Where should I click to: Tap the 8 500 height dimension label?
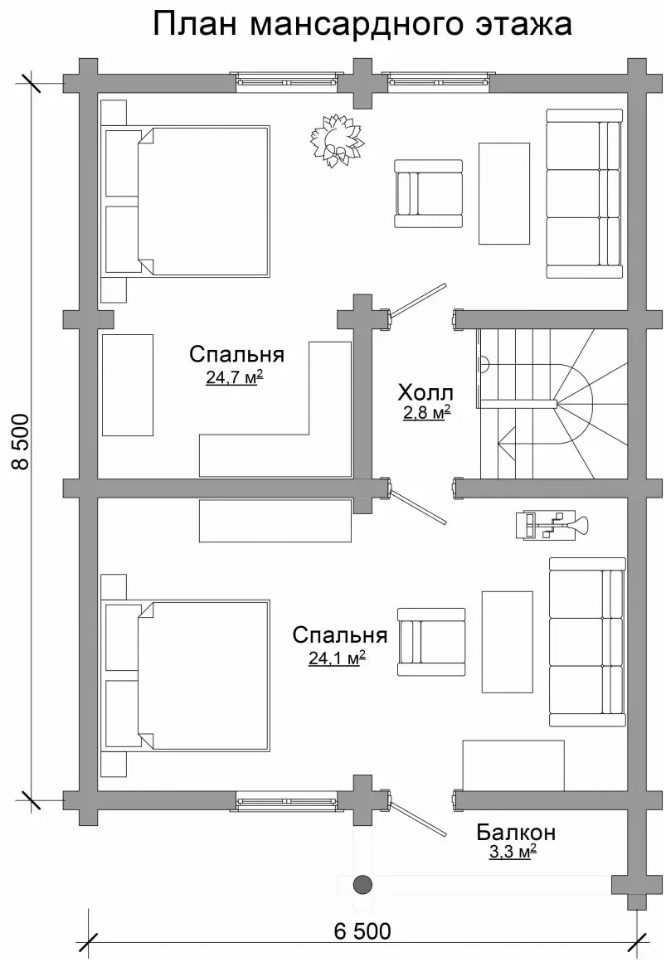click(21, 442)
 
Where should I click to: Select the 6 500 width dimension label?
click(362, 930)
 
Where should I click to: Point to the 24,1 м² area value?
click(337, 658)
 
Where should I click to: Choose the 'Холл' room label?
click(425, 391)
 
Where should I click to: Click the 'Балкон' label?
click(516, 833)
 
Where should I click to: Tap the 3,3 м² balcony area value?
click(513, 852)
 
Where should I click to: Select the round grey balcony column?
click(362, 884)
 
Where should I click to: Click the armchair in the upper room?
click(428, 195)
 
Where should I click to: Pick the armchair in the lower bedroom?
click(431, 643)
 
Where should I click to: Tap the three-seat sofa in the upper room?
click(585, 194)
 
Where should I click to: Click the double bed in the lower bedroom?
click(187, 676)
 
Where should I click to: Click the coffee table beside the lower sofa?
click(507, 642)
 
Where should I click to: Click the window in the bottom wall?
click(287, 800)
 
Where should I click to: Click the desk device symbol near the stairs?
click(552, 525)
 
